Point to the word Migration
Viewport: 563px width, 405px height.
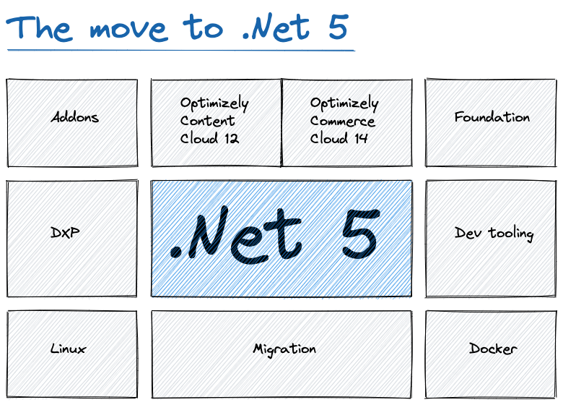[284, 349]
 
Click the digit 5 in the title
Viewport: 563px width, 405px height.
[336, 27]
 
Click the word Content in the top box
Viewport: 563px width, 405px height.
[207, 121]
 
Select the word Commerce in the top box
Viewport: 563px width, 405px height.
[342, 121]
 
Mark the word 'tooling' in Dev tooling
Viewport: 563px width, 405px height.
[510, 234]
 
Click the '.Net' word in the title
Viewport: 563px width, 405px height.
[274, 27]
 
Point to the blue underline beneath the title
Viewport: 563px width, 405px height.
[180, 51]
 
